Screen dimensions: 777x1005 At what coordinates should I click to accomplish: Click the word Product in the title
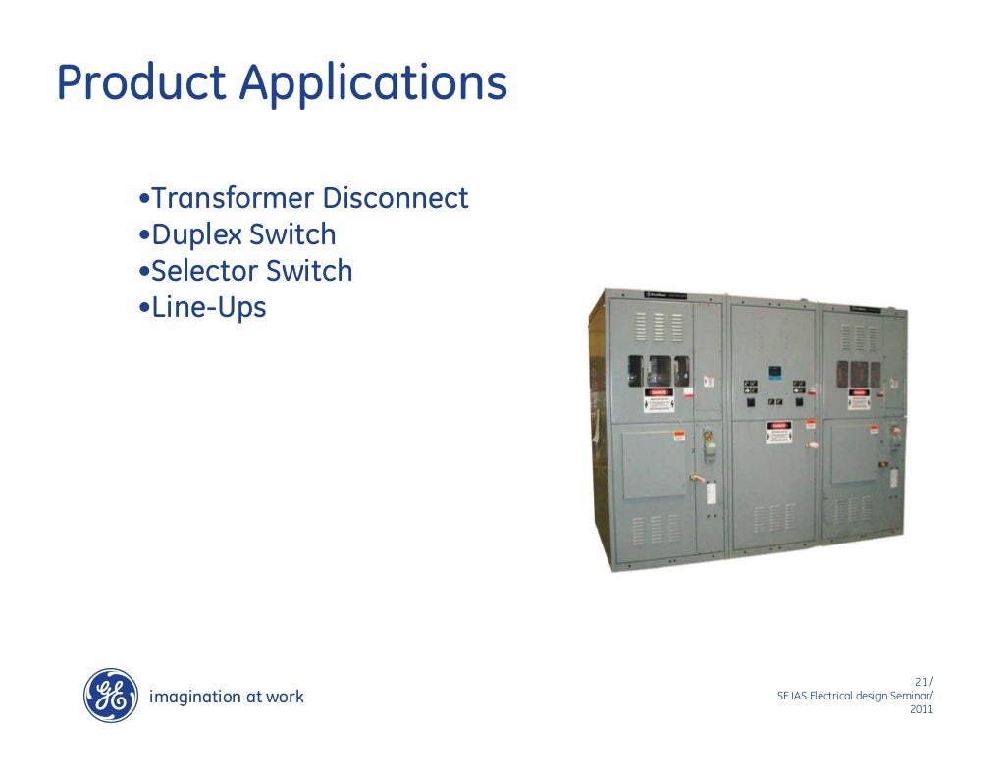(x=141, y=84)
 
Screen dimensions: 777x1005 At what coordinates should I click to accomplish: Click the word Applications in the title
(x=374, y=84)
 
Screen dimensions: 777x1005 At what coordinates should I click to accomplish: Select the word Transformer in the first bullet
(x=233, y=199)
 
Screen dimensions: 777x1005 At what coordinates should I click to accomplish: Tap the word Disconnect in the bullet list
(x=396, y=199)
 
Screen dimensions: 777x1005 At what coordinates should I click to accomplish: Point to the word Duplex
(x=195, y=235)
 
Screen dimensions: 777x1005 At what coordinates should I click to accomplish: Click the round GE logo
(x=110, y=696)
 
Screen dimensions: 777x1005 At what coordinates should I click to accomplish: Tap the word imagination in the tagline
(x=193, y=697)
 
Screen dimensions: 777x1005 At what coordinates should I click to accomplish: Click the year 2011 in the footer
(x=923, y=710)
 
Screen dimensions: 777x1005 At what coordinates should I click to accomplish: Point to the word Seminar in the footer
(x=909, y=697)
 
